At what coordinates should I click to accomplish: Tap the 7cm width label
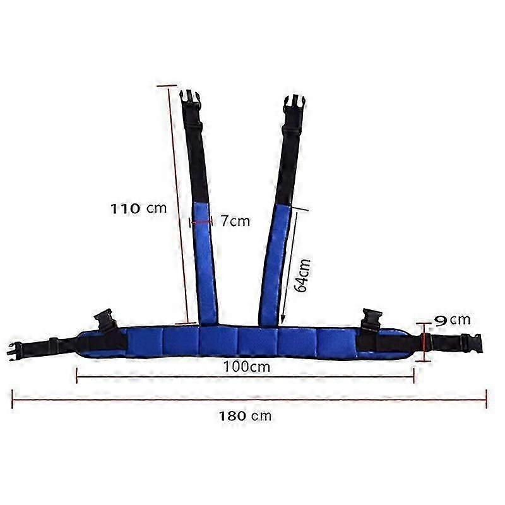235,221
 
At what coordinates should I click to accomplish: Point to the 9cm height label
453,321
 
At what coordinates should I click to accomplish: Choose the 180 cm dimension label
245,416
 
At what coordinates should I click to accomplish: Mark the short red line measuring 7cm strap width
201,221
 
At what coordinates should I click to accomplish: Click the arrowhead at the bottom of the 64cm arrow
283,318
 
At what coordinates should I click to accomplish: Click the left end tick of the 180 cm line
13,399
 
